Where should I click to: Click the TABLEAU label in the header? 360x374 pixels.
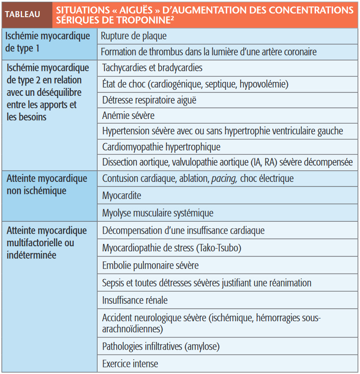click(23, 14)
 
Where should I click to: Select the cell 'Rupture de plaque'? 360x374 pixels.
click(134, 36)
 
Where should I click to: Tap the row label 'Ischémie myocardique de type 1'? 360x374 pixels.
click(47, 41)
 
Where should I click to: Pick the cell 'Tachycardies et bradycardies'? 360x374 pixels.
click(152, 68)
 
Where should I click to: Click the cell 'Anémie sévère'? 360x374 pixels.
click(128, 115)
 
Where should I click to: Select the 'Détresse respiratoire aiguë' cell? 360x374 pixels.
click(149, 100)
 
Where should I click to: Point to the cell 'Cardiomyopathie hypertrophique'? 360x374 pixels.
click(161, 147)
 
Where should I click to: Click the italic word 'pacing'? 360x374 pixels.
click(223, 179)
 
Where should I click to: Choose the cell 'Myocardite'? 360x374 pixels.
click(122, 196)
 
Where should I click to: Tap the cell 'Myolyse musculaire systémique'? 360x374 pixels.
click(158, 213)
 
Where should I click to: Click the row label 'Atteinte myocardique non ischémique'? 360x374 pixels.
click(47, 184)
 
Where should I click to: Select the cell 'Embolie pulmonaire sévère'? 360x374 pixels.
click(150, 266)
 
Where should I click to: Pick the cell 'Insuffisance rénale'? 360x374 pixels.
click(135, 300)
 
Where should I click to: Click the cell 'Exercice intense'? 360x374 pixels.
click(130, 364)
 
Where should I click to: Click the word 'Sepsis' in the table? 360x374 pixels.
click(113, 283)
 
